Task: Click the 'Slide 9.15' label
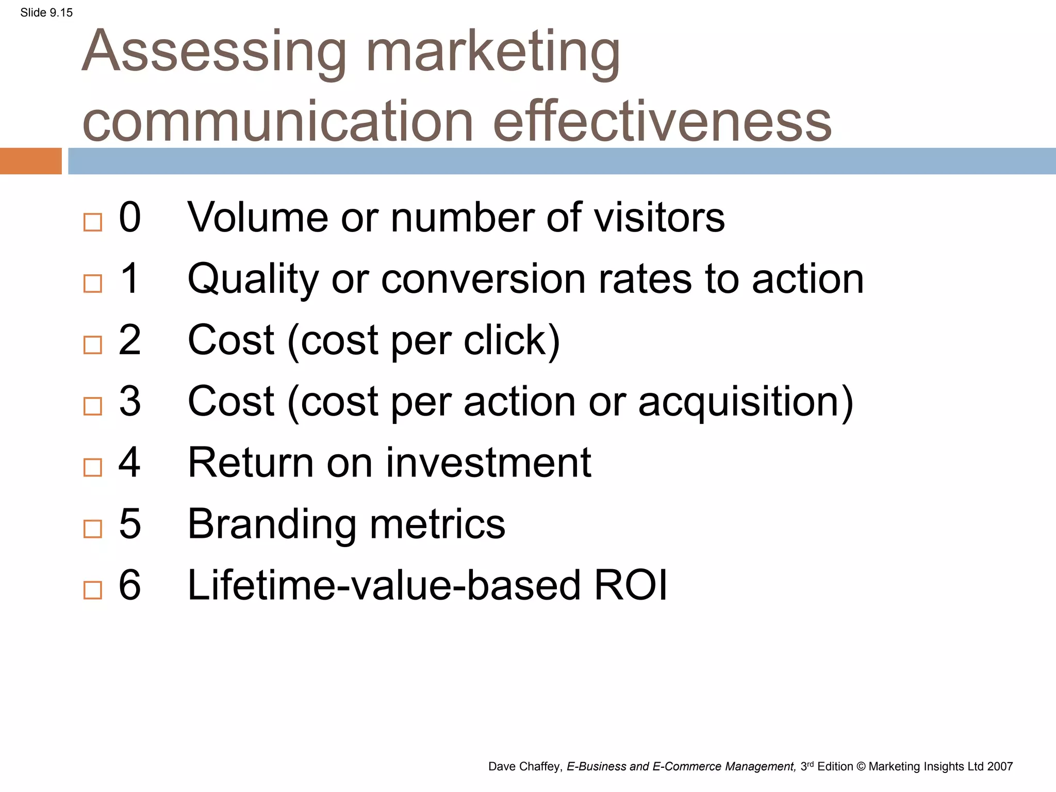click(x=46, y=13)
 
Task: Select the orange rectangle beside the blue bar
click(x=30, y=161)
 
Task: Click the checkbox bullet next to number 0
click(x=93, y=222)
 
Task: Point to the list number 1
click(x=129, y=279)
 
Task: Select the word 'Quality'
click(x=253, y=279)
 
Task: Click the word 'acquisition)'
click(x=746, y=402)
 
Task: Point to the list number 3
click(x=129, y=402)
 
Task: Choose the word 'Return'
click(x=251, y=463)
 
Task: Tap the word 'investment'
click(x=488, y=463)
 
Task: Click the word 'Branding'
click(x=271, y=524)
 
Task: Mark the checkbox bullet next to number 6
click(x=93, y=590)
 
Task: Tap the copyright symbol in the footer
click(x=861, y=767)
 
